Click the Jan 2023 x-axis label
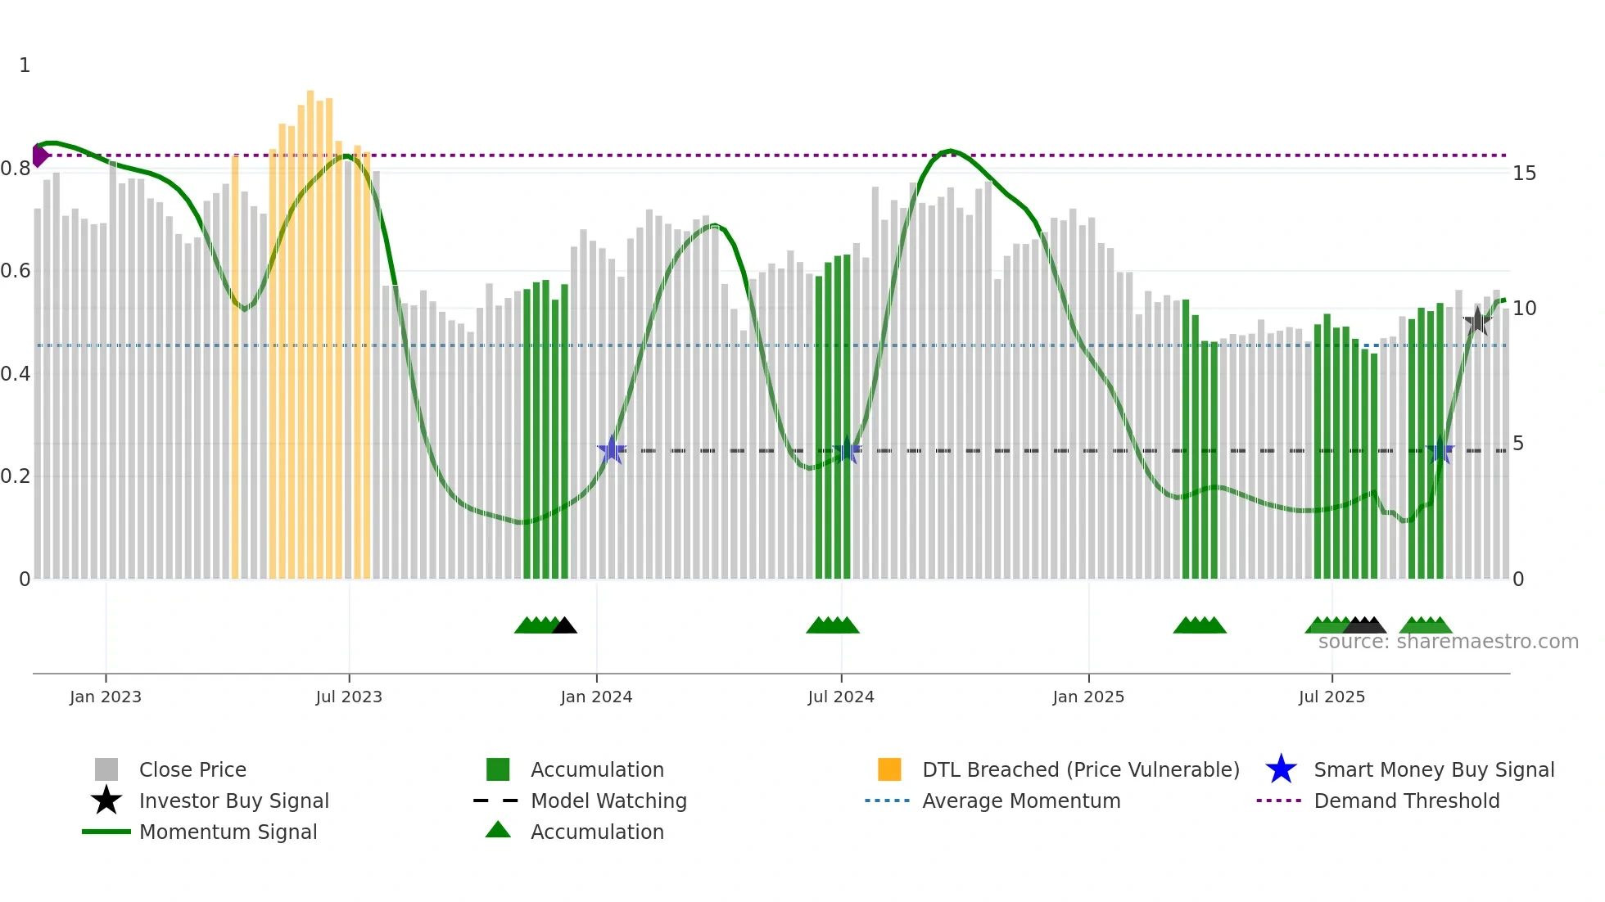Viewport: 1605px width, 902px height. pos(106,697)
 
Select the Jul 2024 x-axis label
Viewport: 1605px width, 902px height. pos(841,697)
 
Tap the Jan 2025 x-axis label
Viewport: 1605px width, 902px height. pos(1088,697)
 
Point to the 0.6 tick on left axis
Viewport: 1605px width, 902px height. pos(16,271)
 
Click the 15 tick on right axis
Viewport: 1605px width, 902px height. pos(1524,174)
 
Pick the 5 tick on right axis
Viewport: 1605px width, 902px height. pos(1518,444)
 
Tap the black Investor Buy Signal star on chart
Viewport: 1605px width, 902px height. pos(1477,322)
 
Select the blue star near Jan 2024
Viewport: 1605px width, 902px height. pos(611,450)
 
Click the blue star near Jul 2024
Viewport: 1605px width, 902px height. pos(846,450)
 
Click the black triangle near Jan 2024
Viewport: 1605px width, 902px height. pos(564,626)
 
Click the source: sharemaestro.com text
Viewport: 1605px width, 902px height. pos(1448,642)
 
